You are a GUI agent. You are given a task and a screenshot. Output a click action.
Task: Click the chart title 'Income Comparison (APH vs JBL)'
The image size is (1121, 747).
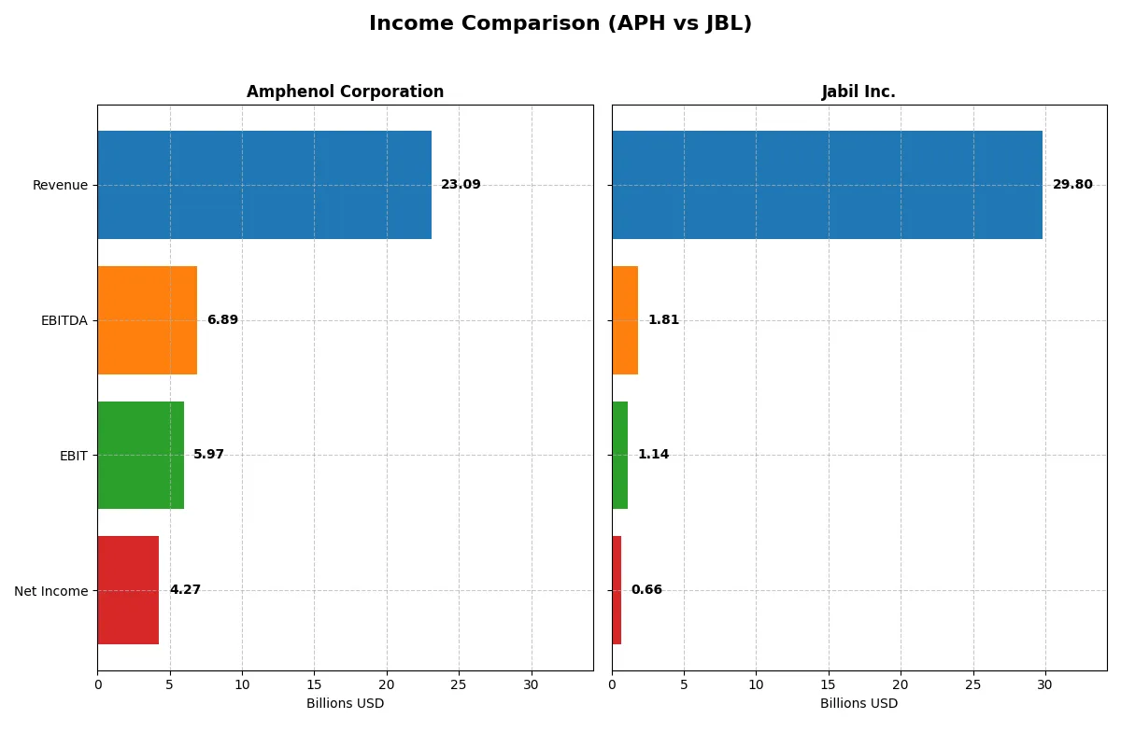[x=560, y=24]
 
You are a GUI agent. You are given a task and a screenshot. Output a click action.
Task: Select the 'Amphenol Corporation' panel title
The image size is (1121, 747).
[x=345, y=92]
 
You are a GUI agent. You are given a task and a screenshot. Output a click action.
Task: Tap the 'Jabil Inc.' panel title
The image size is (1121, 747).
[x=858, y=92]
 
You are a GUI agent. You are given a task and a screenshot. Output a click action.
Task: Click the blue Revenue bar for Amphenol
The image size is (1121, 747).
[x=264, y=185]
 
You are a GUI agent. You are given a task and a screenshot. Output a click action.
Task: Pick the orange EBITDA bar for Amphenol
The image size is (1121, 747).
[x=147, y=320]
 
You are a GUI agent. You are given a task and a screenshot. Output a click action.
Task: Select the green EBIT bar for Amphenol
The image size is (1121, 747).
[x=140, y=455]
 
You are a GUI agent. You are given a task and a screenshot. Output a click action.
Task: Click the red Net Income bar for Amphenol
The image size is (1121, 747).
[x=128, y=590]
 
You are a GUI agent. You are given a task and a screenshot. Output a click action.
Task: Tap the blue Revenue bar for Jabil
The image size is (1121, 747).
[x=827, y=185]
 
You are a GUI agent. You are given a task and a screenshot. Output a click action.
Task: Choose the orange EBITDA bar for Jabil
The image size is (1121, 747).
[x=625, y=320]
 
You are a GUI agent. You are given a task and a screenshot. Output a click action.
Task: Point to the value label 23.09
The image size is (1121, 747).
[x=461, y=185]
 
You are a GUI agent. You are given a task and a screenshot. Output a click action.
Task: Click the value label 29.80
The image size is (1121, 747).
[x=1072, y=185]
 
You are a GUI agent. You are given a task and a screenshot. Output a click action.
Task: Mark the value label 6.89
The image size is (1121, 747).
[x=222, y=320]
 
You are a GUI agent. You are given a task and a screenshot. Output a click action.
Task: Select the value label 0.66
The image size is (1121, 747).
[x=646, y=590]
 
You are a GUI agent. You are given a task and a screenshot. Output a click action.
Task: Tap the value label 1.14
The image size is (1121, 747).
[x=653, y=455]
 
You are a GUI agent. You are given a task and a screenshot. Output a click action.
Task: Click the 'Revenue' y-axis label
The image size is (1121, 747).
[x=60, y=185]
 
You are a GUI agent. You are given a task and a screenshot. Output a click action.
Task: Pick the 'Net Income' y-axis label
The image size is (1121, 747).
[x=51, y=590]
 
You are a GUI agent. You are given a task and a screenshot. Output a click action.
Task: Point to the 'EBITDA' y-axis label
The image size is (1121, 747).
[x=64, y=320]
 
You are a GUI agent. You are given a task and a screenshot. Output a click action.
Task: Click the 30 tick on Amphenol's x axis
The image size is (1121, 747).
[x=531, y=684]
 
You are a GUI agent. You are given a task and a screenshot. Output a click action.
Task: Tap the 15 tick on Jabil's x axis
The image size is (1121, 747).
[x=829, y=684]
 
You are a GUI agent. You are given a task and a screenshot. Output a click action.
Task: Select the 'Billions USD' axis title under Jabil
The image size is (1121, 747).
[x=858, y=704]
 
